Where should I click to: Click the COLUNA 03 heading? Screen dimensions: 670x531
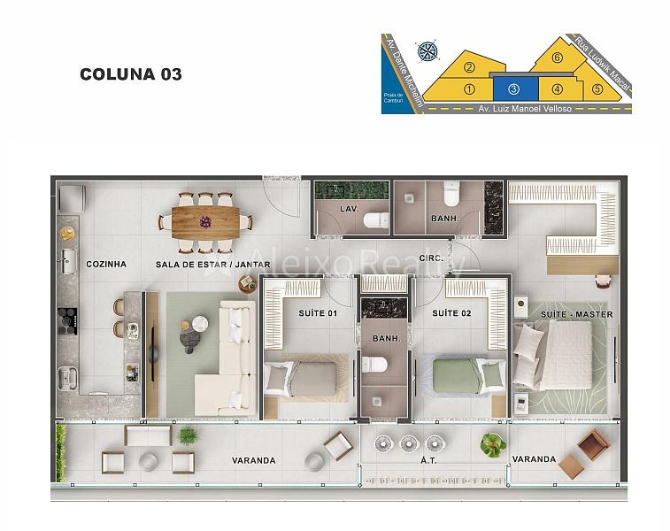(x=131, y=74)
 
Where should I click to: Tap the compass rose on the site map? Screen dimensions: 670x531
(x=427, y=51)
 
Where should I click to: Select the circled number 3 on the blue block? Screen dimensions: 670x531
(x=513, y=88)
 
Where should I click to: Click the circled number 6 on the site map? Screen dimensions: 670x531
(x=557, y=58)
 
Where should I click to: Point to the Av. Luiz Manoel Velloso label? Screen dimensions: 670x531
(x=525, y=109)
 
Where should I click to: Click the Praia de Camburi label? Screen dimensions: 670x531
(x=393, y=98)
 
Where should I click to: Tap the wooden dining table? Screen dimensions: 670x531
(x=205, y=222)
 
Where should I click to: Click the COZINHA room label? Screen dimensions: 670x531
(x=106, y=264)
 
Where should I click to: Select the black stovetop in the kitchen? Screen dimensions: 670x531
(x=67, y=321)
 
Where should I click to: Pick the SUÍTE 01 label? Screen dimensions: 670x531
(x=318, y=313)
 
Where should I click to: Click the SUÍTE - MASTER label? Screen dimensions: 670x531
(x=577, y=314)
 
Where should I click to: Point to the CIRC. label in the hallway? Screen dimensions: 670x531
(x=431, y=258)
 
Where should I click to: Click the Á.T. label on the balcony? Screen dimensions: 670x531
(x=428, y=460)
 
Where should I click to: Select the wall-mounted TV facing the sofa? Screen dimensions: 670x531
(x=152, y=352)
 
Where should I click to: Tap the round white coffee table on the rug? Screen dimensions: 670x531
(x=199, y=324)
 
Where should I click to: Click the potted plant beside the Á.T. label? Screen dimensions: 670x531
(x=493, y=444)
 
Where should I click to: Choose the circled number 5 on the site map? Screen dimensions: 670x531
(x=597, y=89)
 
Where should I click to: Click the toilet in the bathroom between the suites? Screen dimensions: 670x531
(x=374, y=365)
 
